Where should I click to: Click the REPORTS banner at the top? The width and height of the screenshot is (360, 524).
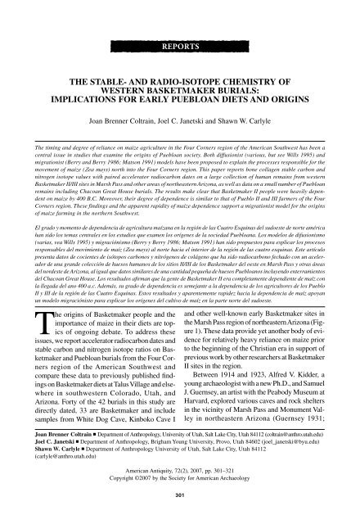click(x=179, y=38)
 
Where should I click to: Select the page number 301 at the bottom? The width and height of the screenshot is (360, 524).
click(x=179, y=517)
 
